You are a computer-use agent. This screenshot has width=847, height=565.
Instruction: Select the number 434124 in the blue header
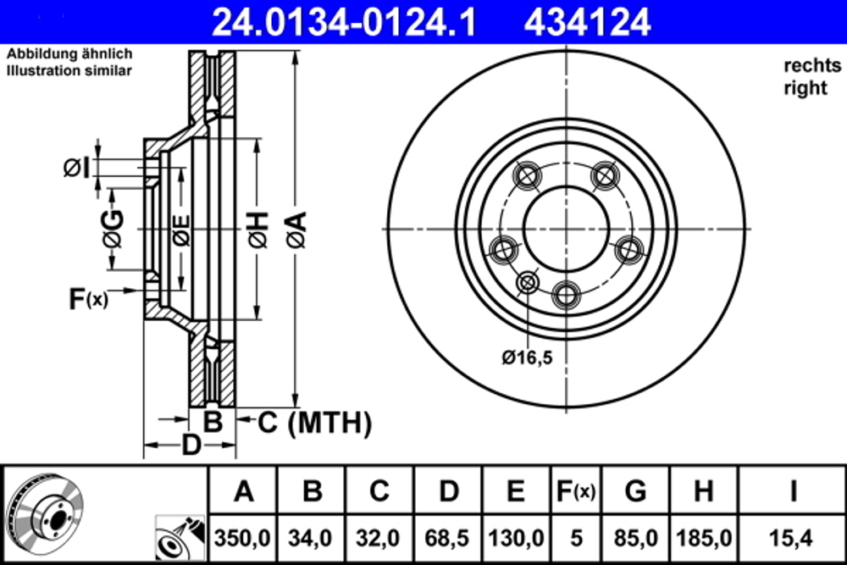[587, 21]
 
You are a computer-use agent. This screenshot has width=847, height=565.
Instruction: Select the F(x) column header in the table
[575, 490]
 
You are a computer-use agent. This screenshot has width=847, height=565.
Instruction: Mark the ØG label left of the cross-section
[113, 229]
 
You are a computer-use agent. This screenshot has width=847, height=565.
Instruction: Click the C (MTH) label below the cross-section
[314, 421]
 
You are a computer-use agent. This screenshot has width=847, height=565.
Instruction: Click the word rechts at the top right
[809, 65]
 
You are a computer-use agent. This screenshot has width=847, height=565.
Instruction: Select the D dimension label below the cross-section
[192, 445]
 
